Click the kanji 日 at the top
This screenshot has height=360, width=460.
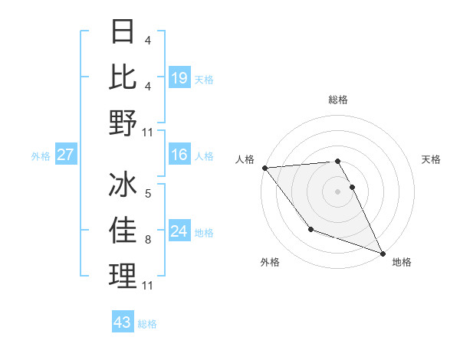[x=123, y=32]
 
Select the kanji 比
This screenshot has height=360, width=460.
[x=123, y=77]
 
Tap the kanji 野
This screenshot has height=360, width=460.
[x=123, y=123]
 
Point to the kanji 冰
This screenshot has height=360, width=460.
[x=123, y=185]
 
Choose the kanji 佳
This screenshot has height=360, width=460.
[x=123, y=230]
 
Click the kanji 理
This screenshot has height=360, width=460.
[x=123, y=276]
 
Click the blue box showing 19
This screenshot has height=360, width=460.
[x=179, y=78]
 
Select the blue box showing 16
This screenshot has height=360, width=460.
[x=179, y=155]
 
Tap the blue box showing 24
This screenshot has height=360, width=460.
[x=179, y=232]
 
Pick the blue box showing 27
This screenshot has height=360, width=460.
[x=65, y=155]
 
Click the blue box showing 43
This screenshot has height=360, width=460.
[x=123, y=322]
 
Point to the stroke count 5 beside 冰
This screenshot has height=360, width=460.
[x=148, y=193]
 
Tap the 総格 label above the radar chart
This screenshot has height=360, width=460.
[x=338, y=100]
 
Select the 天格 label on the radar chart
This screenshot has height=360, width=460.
[x=432, y=159]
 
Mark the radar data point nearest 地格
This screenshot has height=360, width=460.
[x=383, y=253]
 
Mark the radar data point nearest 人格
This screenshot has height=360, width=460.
[x=264, y=168]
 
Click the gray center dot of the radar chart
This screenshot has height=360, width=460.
[x=338, y=191]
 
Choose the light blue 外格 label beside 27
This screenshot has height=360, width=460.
[x=41, y=156]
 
